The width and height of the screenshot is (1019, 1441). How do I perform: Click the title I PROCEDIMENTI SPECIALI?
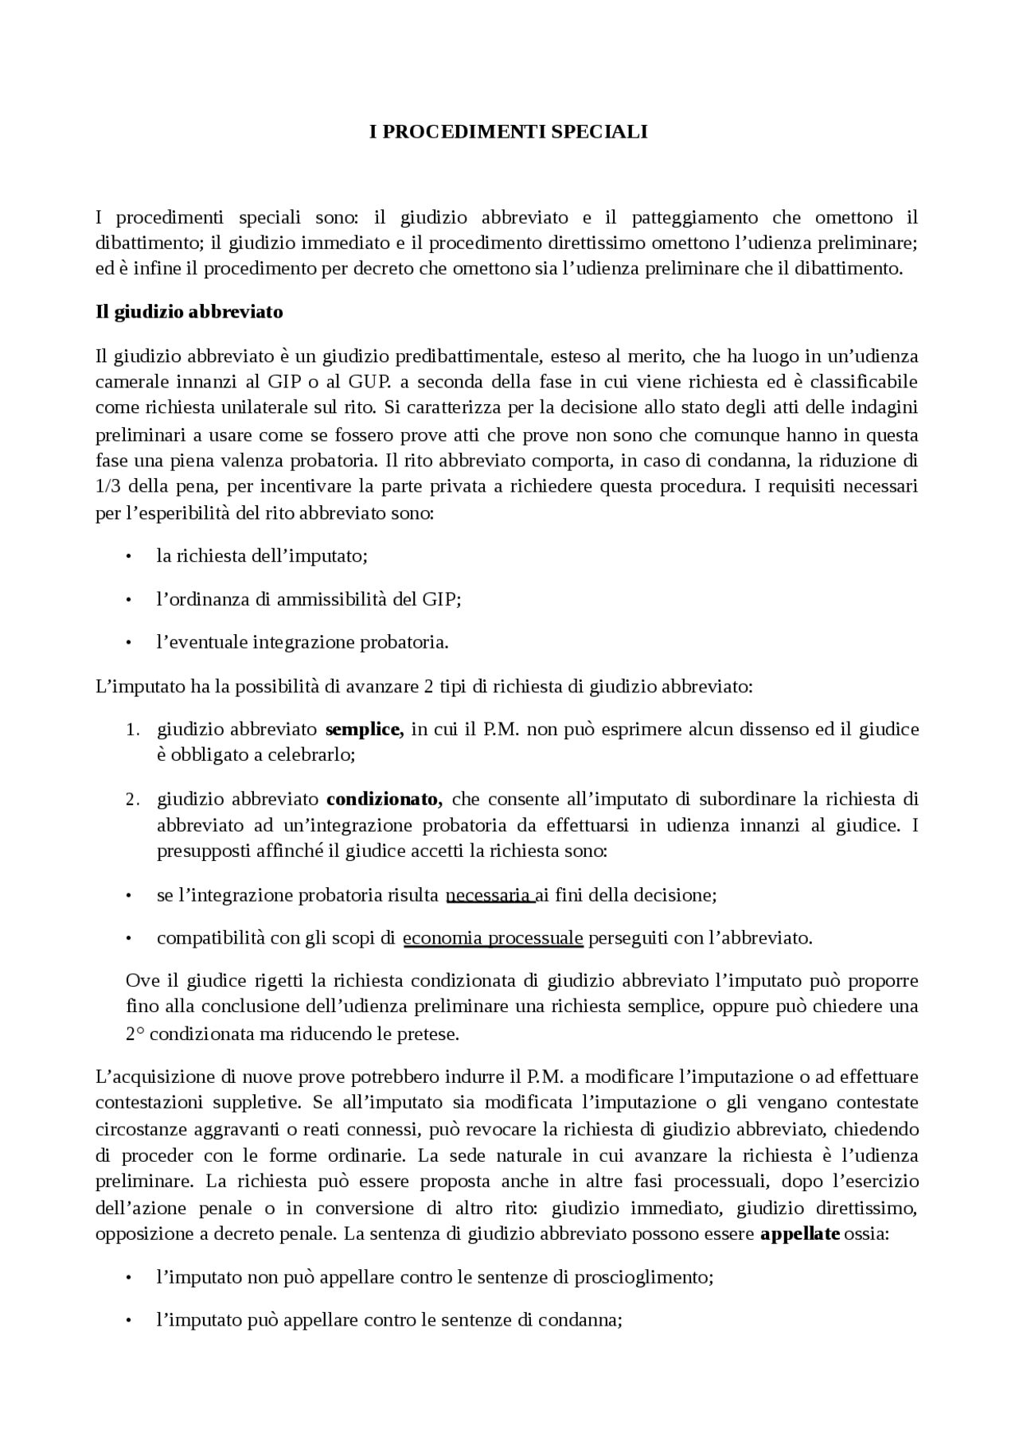tap(509, 132)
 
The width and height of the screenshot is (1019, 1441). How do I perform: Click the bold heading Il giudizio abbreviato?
tap(189, 312)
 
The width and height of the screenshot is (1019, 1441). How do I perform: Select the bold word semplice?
tap(365, 729)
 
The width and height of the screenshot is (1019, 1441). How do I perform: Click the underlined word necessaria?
tap(489, 895)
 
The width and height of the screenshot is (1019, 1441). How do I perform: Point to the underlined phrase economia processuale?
tap(493, 938)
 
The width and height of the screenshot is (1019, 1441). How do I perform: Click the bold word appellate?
tap(800, 1235)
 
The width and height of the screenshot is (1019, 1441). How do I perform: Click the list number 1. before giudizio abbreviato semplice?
tap(132, 730)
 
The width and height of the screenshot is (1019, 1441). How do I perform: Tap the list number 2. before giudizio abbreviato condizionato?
tap(132, 800)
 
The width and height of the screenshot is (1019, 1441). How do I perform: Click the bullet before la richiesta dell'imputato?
tap(127, 557)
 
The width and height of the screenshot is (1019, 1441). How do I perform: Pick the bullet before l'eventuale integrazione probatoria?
tap(127, 643)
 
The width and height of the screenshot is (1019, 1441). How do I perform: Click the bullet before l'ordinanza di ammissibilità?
tap(127, 600)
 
